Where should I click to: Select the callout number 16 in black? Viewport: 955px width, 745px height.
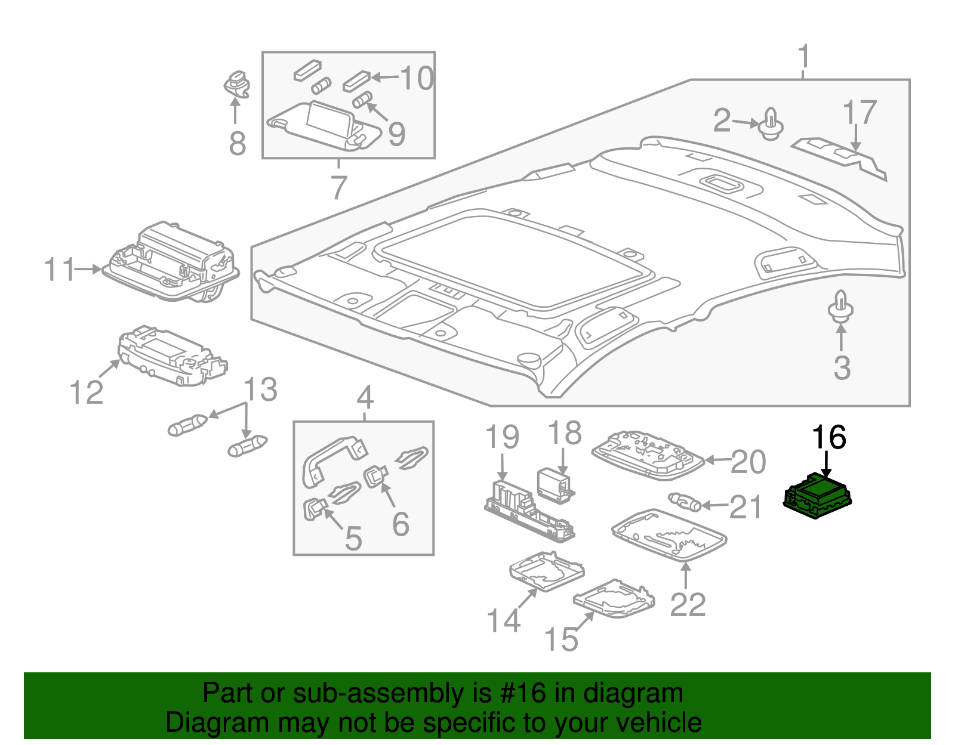tap(828, 438)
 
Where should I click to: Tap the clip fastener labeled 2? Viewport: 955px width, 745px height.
tap(771, 125)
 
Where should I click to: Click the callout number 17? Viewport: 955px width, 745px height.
tap(860, 113)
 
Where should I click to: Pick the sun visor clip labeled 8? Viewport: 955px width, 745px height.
tap(237, 84)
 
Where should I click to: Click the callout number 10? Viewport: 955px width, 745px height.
tap(417, 78)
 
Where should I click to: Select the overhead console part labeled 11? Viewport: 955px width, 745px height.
tap(173, 263)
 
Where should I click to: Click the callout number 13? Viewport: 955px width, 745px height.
tap(261, 389)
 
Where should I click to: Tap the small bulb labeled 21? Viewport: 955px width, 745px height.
tap(685, 502)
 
